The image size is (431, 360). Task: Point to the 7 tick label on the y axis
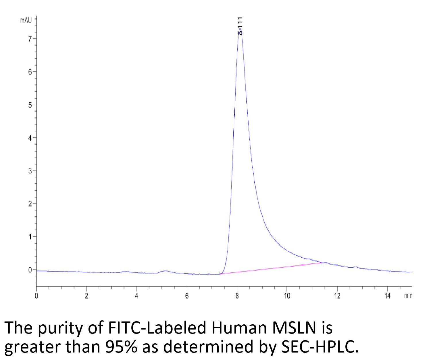tap(30, 39)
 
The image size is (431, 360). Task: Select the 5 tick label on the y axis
tap(30, 105)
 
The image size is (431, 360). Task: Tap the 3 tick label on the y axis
tap(30, 171)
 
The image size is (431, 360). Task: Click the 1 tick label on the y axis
tap(30, 237)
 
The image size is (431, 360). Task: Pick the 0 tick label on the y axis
tap(30, 270)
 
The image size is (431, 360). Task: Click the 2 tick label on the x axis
tap(86, 296)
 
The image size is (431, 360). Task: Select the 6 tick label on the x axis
tap(187, 296)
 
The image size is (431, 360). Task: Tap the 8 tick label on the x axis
tap(237, 296)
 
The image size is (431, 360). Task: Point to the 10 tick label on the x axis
tap(287, 296)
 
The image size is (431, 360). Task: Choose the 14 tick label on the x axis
tap(387, 296)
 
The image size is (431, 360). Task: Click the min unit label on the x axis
tap(408, 296)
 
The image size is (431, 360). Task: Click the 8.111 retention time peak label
tap(240, 26)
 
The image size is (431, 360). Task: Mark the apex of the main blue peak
tap(240, 29)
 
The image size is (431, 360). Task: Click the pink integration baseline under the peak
tap(270, 269)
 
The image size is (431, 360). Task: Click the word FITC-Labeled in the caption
tap(157, 328)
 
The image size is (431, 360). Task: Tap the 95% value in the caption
tap(121, 347)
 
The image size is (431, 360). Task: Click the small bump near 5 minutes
tap(165, 271)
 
